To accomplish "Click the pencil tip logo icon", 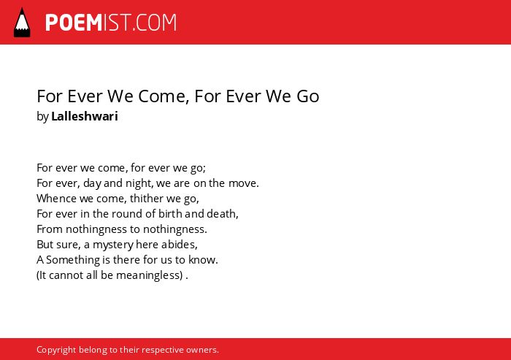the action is point(22,23).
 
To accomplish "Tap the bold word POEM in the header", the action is point(74,23).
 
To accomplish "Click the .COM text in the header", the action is point(154,23).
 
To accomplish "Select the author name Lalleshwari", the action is point(85,116).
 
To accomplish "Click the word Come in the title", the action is point(164,96).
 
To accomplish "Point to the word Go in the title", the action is point(307,96).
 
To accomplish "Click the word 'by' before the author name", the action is point(42,116).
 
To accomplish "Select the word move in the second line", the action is point(244,183).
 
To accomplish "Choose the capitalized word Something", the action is point(73,260).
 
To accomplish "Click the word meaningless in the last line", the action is point(149,275).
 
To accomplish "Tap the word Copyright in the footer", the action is point(56,350).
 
